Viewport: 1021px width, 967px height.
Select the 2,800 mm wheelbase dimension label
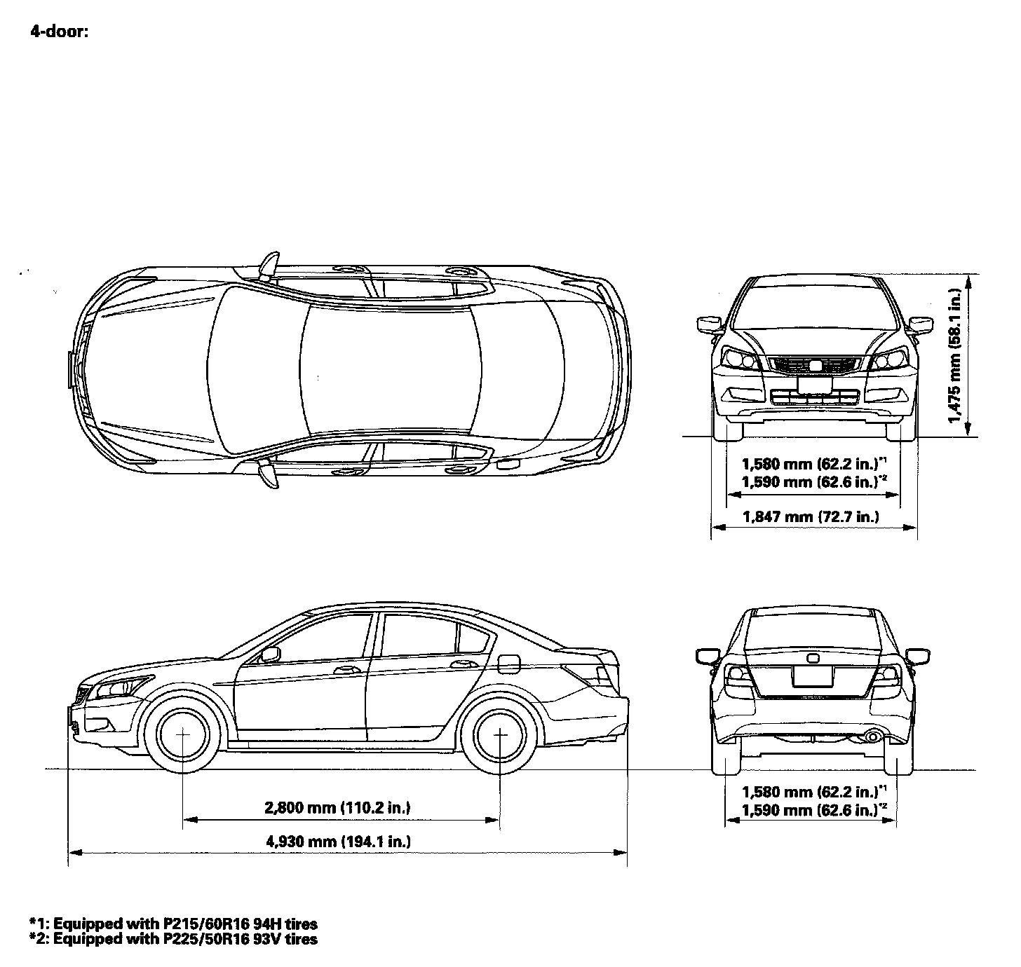(337, 808)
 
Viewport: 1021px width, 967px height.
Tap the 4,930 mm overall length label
(339, 842)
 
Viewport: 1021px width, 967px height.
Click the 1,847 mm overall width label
(810, 517)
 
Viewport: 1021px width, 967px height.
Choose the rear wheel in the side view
(500, 734)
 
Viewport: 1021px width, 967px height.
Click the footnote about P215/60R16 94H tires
(173, 924)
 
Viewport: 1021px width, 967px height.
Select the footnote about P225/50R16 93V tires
(173, 939)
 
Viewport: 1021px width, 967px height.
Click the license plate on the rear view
(813, 676)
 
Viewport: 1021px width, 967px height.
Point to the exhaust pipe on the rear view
(874, 736)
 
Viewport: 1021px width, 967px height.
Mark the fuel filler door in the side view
(510, 661)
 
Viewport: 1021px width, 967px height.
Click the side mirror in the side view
(269, 655)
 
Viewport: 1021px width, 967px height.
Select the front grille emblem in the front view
(814, 364)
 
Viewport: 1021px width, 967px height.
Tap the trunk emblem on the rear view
(813, 658)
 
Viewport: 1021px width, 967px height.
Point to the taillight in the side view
(600, 674)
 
